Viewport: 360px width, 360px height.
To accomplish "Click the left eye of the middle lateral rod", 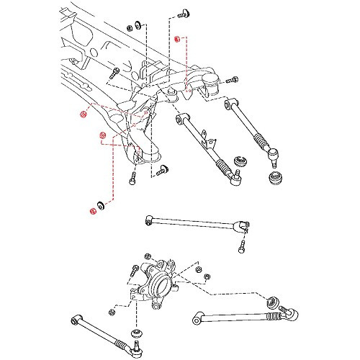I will (147, 219).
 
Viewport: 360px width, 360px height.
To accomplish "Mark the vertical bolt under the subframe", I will (133, 180).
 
